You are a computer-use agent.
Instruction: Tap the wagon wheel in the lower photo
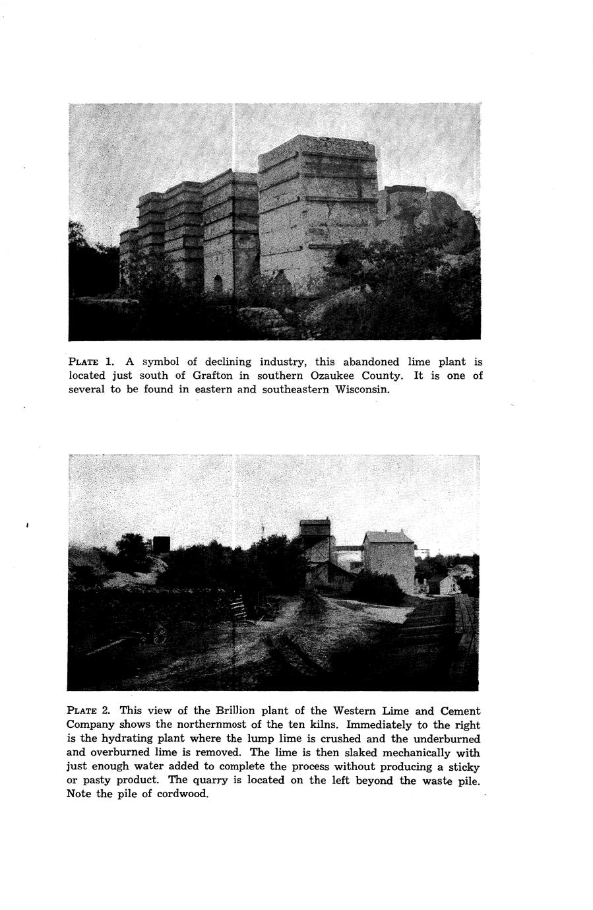tap(159, 635)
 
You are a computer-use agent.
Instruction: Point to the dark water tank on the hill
tap(161, 544)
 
